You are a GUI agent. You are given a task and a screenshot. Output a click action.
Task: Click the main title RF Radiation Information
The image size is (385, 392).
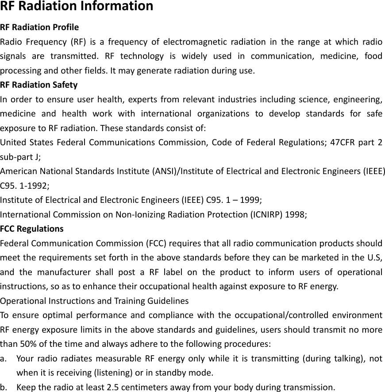coord(77,7)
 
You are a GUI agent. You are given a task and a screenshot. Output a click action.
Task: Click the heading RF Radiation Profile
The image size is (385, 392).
coord(39,27)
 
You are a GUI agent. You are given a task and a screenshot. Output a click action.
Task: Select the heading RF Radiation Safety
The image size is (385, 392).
coord(39,85)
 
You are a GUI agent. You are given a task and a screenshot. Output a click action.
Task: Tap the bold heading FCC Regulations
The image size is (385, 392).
coord(32,229)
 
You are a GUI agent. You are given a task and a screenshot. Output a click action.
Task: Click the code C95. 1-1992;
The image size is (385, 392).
coord(24,186)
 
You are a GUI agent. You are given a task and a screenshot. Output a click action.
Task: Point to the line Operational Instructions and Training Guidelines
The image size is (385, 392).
coord(94,301)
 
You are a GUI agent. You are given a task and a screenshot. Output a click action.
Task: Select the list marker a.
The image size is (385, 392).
coord(4,358)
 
